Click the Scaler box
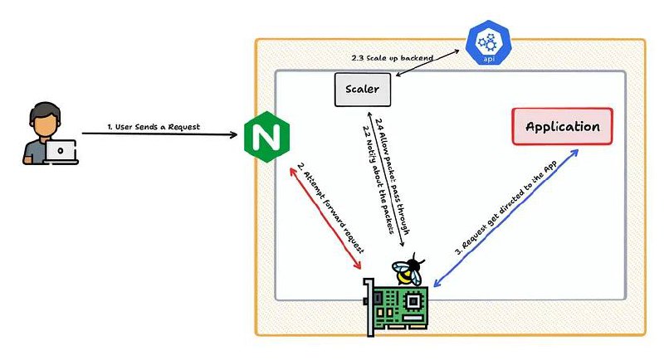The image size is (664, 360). pos(363,90)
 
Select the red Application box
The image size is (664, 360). pos(563,126)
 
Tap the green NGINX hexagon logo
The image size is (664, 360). pos(266,137)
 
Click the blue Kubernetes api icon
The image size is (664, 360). pos(488,43)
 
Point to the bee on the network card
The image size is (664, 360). pos(408,270)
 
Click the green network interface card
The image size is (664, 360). pos(397,307)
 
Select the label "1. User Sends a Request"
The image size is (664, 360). pos(154,127)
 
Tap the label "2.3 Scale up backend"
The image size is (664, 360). pos(392,58)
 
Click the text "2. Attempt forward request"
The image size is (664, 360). pos(330,207)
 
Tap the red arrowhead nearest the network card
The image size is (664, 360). pos(357,265)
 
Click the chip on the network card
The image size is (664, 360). pos(413,301)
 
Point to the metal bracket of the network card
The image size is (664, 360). pos(369,308)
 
